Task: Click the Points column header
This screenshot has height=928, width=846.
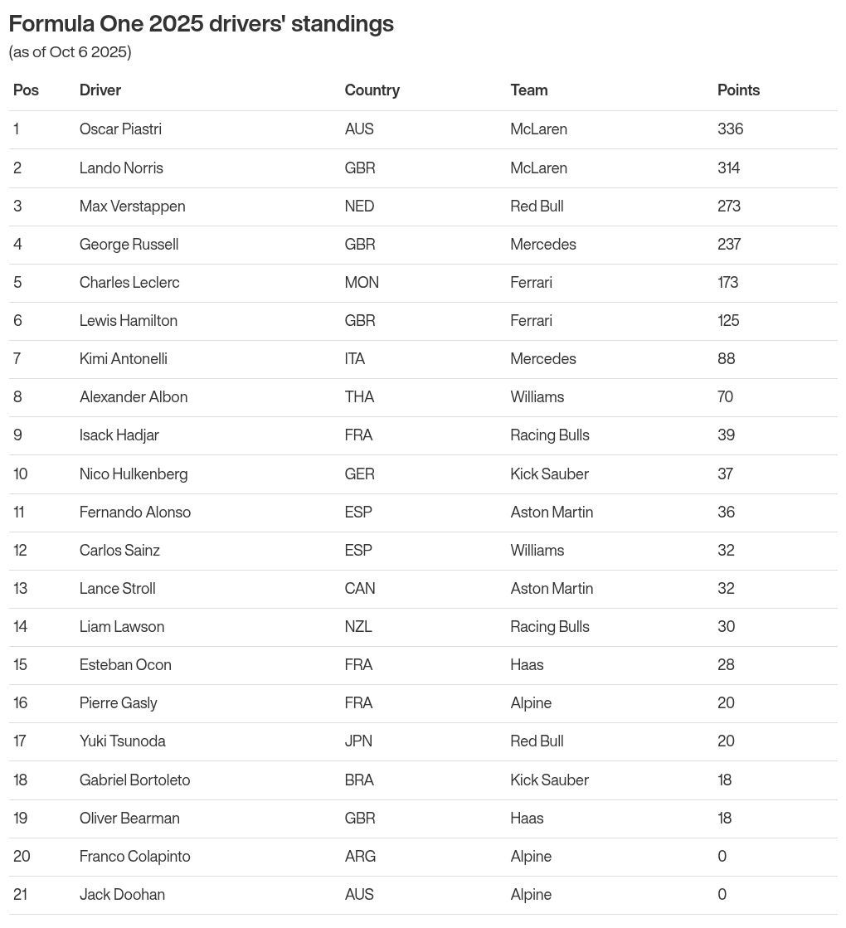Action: pos(738,90)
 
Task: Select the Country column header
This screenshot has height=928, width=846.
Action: pos(372,90)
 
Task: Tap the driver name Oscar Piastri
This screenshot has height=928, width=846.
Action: pos(120,129)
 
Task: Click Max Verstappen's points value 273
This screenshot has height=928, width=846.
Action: pos(728,206)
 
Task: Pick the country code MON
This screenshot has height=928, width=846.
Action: pos(362,282)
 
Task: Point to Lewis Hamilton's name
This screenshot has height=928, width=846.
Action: pos(128,320)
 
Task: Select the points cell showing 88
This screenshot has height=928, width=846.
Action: pos(726,358)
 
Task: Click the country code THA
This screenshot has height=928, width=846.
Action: pos(359,396)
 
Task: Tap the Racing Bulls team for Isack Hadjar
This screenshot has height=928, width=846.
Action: pos(549,435)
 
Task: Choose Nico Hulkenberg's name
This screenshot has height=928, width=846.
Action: pos(133,474)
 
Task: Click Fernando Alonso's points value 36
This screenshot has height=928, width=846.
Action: pos(726,512)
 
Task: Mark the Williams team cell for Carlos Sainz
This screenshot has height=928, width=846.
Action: pos(537,550)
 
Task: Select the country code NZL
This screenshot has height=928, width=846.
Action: pos(357,626)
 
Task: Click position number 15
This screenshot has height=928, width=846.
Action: pos(20,664)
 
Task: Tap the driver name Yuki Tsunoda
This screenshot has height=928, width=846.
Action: pos(122,741)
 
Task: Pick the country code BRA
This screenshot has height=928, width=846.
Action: pos(359,780)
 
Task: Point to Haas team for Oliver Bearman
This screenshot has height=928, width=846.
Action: pos(527,818)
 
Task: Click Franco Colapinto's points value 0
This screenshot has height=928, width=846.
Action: pos(722,856)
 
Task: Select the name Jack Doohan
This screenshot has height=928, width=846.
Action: pos(122,894)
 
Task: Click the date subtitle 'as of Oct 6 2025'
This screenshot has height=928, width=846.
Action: pos(70,52)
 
